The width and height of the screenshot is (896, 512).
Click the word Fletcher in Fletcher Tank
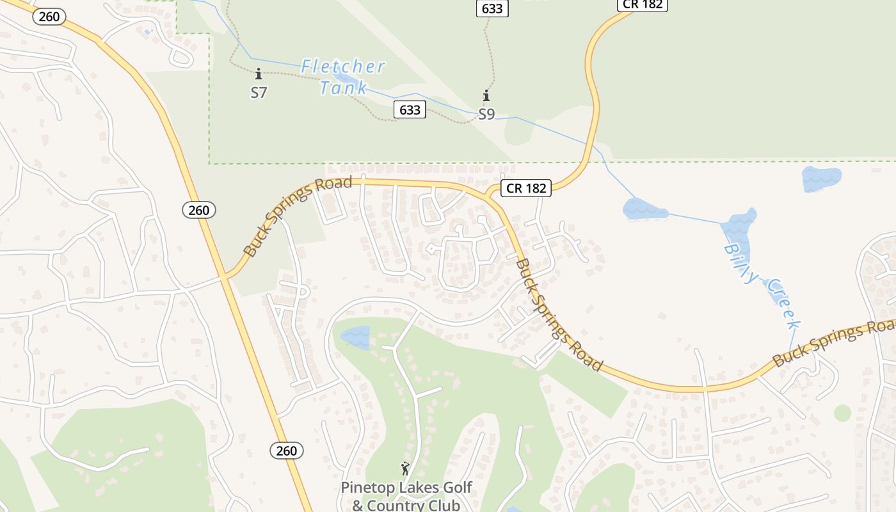(x=343, y=67)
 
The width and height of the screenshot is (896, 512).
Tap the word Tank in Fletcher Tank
(x=344, y=88)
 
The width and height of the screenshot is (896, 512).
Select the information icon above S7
(x=259, y=74)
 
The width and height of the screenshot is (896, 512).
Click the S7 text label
(x=259, y=93)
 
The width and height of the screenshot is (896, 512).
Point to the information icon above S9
(x=486, y=96)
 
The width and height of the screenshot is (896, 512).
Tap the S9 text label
(x=486, y=115)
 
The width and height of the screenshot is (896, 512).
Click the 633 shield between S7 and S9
(x=410, y=110)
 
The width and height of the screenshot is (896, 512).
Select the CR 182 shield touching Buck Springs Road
(x=525, y=188)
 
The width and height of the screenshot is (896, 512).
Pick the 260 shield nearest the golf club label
(x=286, y=451)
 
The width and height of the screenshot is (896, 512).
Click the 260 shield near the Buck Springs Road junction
(x=199, y=210)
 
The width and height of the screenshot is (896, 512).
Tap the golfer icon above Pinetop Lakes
(x=405, y=469)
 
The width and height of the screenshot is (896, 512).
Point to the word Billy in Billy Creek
(x=742, y=262)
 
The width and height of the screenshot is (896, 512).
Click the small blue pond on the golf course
(x=355, y=337)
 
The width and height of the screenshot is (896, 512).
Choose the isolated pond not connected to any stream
(x=822, y=179)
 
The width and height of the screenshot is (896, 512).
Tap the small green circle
(x=842, y=413)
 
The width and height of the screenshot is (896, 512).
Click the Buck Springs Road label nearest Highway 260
(x=298, y=217)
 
